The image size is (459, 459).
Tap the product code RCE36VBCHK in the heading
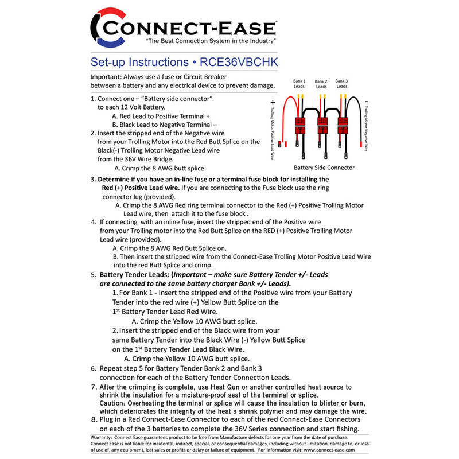pyautogui.click(x=243, y=61)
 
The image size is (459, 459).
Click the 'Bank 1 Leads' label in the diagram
pyautogui.click(x=299, y=84)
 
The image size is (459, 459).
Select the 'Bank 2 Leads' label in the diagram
pyautogui.click(x=321, y=84)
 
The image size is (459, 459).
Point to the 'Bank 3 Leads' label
pyautogui.click(x=341, y=84)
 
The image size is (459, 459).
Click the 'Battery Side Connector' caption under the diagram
pyautogui.click(x=324, y=168)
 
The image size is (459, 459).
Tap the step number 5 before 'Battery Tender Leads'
pyautogui.click(x=93, y=274)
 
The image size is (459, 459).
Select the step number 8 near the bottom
pyautogui.click(x=94, y=419)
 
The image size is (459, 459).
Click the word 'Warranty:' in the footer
pyautogui.click(x=103, y=438)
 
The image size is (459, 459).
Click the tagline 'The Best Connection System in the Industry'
pyautogui.click(x=211, y=42)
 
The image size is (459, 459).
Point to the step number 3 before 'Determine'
pyautogui.click(x=92, y=180)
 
